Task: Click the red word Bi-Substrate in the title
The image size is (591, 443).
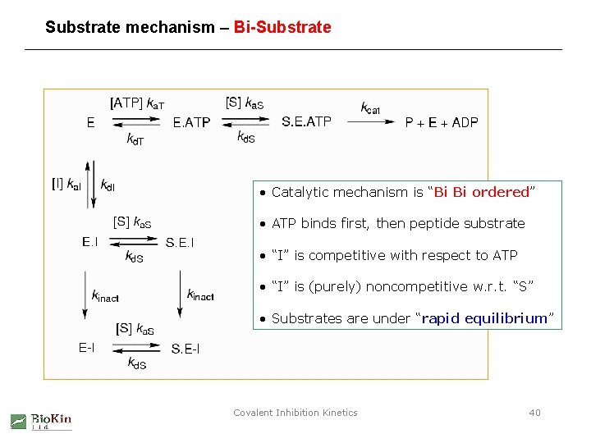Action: coord(282,27)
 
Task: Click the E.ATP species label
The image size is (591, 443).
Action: coord(191,122)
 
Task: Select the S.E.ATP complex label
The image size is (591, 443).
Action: coord(306,121)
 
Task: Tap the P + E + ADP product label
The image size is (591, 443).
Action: coord(442,122)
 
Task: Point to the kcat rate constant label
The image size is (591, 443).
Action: coord(370,107)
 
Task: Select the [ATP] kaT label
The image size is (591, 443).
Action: coord(137,103)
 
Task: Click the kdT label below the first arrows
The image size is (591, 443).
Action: coord(135,139)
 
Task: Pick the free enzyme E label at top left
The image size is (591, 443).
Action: coord(90,122)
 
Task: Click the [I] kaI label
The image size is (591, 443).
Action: coord(66,185)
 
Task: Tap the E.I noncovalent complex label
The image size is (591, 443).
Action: coord(90,241)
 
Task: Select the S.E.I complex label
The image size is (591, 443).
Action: coord(180,242)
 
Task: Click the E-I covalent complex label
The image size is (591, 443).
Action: coord(86,347)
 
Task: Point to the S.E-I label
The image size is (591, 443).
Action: coord(186,349)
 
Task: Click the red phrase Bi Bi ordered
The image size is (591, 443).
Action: coord(482,192)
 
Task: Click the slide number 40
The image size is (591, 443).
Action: coord(534,413)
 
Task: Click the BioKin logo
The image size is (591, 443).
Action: coord(41,421)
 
